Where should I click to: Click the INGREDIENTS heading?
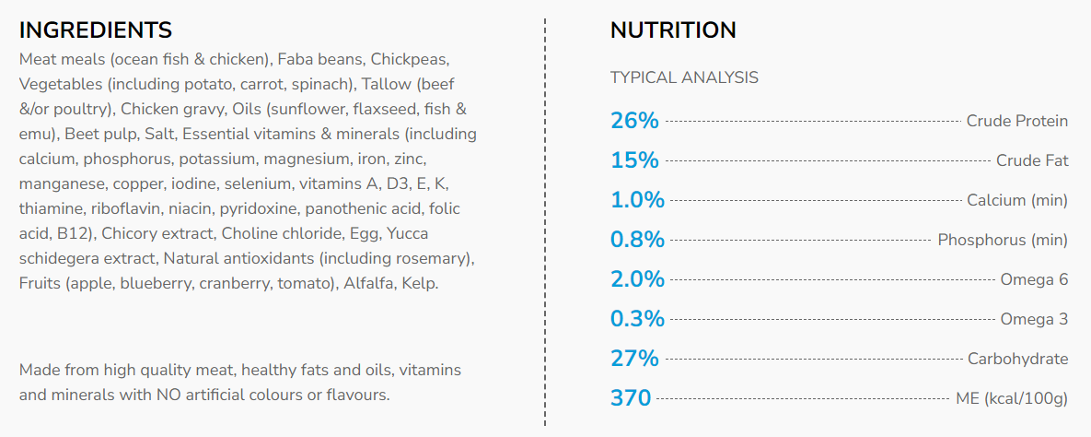96,30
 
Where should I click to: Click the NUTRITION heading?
673,30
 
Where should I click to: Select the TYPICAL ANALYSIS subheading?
684,77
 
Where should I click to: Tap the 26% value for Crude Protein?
634,121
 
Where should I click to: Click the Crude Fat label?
1032,160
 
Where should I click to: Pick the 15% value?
634,160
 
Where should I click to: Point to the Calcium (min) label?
1017,200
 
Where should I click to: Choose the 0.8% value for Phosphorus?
637,240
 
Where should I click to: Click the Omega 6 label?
1034,279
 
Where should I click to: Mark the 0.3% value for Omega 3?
637,319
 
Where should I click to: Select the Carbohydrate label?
1017,359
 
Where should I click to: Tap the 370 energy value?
631,398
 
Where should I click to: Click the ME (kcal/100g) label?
1012,398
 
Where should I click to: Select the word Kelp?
420,283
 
